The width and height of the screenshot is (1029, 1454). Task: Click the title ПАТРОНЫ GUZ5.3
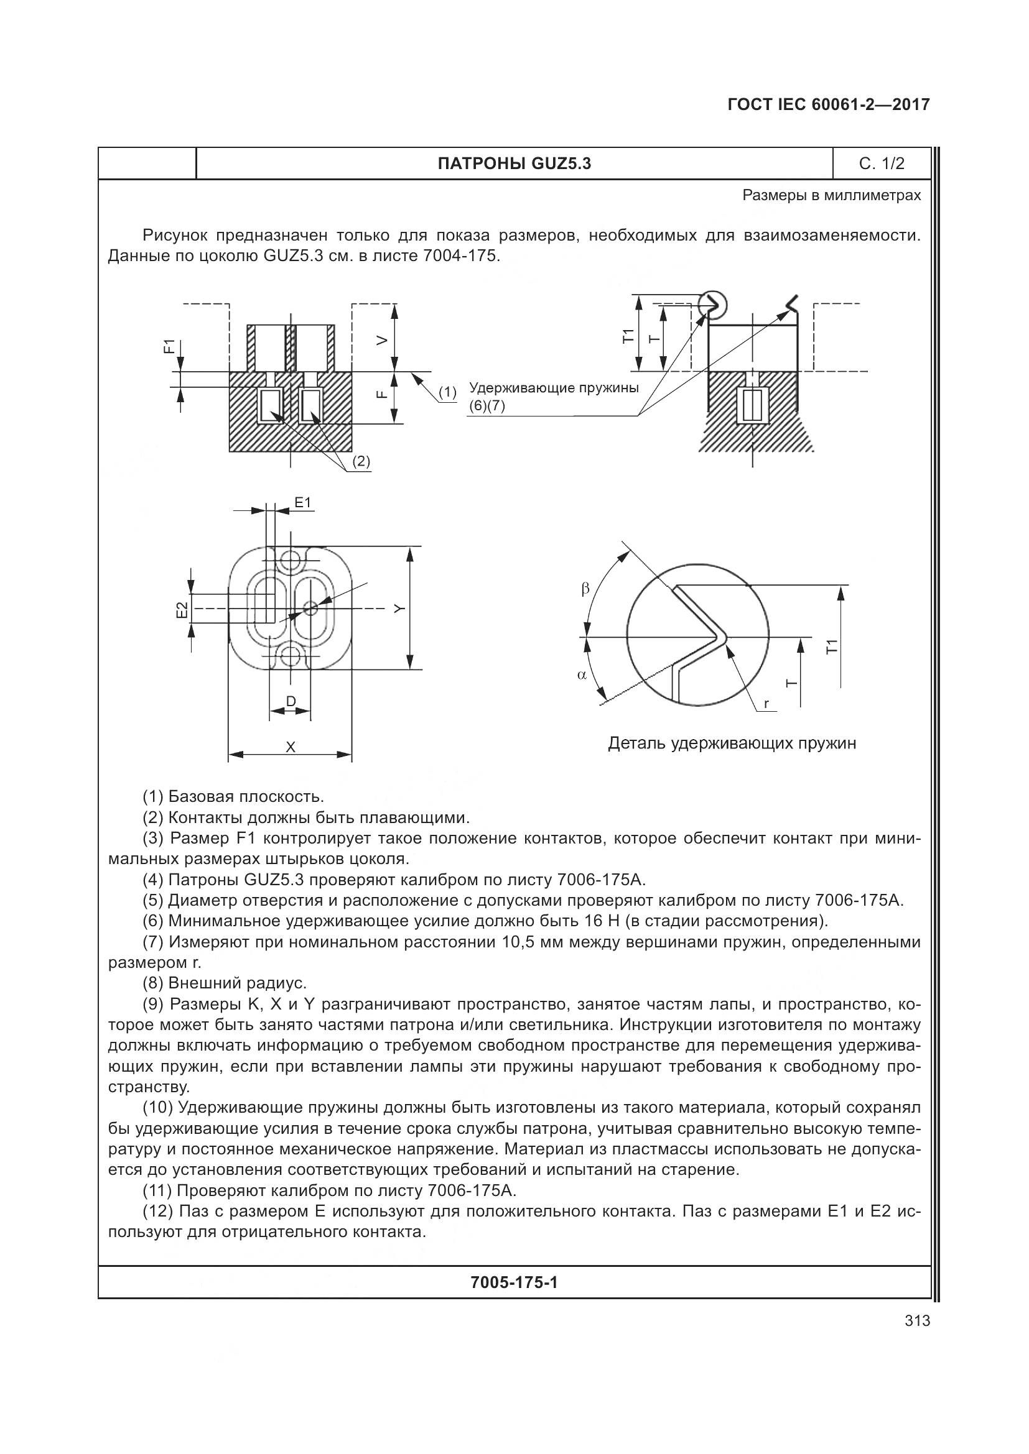(514, 164)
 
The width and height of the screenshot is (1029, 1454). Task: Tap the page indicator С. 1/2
(882, 164)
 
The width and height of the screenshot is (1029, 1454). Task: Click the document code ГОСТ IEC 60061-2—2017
(829, 105)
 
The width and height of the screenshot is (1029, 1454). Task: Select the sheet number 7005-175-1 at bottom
(514, 1282)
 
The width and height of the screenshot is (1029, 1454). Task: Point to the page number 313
(917, 1320)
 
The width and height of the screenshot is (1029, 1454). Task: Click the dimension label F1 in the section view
(169, 346)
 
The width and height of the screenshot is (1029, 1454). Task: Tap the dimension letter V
(381, 341)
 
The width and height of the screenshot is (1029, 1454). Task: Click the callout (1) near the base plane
(447, 392)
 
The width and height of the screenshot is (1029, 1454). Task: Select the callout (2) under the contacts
(361, 461)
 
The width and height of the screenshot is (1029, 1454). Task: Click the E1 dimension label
(303, 503)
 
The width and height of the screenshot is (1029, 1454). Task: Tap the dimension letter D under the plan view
(290, 701)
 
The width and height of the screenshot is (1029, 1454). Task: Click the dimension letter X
(290, 747)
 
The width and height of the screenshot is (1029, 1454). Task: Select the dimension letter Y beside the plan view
(398, 608)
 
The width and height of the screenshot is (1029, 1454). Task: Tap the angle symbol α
(582, 675)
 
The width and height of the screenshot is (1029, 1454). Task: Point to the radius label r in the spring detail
(766, 704)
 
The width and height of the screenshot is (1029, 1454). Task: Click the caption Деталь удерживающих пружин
(732, 743)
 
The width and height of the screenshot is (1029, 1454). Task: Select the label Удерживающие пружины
(553, 387)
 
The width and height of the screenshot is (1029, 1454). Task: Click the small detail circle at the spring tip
(713, 305)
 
